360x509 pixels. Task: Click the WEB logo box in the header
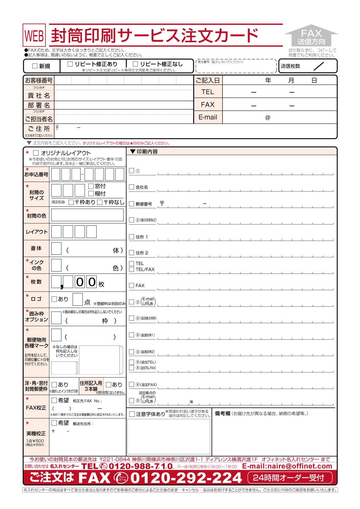click(34, 35)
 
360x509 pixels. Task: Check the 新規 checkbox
click(35, 66)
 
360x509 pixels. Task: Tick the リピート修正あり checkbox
click(70, 64)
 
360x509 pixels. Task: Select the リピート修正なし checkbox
click(136, 64)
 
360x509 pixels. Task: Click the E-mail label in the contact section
click(208, 117)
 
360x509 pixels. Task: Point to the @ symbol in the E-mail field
click(268, 118)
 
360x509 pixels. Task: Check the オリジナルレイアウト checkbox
click(36, 153)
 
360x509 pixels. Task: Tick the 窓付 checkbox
click(91, 186)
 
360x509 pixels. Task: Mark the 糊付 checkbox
click(91, 193)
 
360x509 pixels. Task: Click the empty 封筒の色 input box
click(87, 215)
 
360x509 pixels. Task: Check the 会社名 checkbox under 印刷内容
click(132, 187)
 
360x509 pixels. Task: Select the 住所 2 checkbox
click(132, 253)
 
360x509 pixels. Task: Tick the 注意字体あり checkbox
click(132, 414)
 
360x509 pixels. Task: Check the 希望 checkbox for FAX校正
click(54, 400)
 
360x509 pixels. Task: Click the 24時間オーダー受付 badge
click(290, 478)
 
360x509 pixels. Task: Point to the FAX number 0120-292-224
click(186, 478)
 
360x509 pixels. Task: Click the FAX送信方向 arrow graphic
click(311, 36)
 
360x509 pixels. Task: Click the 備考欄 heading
click(222, 413)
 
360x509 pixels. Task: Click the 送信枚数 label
click(290, 66)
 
